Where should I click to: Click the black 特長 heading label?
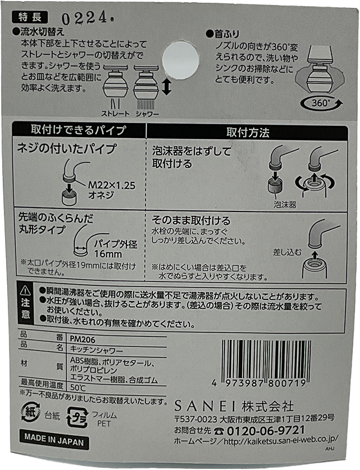coord(30,17)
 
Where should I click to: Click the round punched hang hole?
coord(181,59)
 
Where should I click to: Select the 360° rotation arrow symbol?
coord(321,104)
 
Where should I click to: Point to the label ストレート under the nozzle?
coord(115,114)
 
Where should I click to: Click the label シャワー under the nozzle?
coord(147,114)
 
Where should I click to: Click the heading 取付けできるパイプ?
coord(78,130)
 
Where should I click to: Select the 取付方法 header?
coord(248,132)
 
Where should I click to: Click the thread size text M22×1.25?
coord(111,185)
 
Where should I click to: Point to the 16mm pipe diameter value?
coord(108,253)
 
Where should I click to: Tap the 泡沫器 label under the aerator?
coord(285,204)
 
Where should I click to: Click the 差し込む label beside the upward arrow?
coord(287,252)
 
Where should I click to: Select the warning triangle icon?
coord(26,290)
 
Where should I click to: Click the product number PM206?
coord(82,339)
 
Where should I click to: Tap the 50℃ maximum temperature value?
coord(78,387)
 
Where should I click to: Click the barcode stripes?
coord(267,359)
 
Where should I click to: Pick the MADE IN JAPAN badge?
coord(54,440)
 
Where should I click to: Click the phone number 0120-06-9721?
coord(266,430)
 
